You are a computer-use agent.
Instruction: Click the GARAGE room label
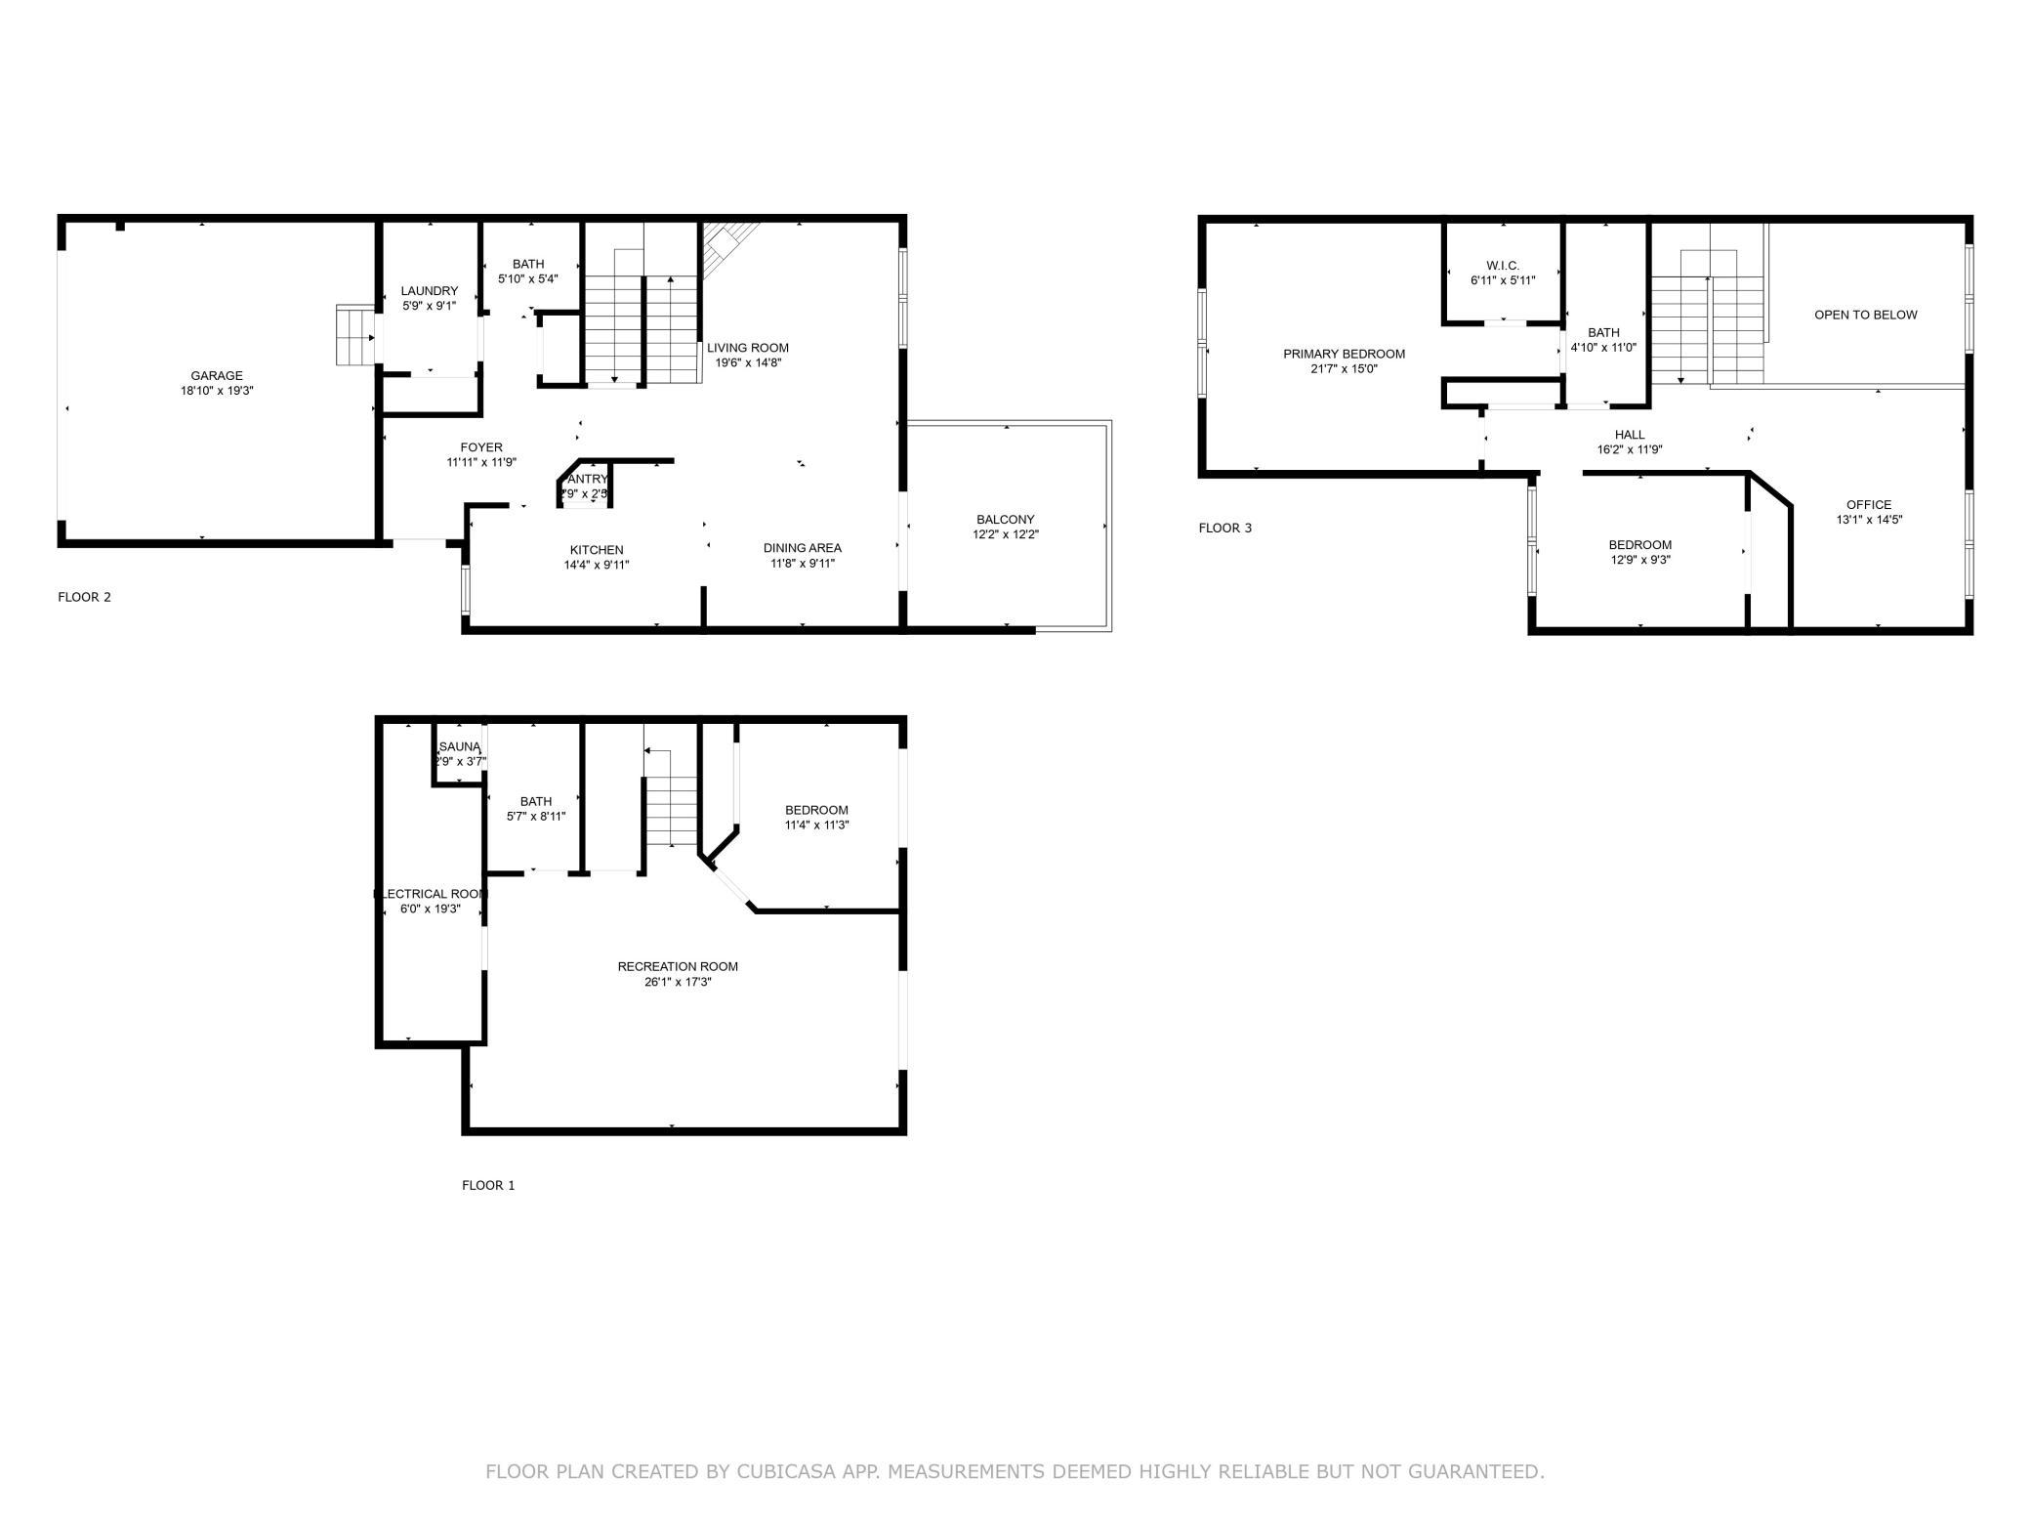(217, 376)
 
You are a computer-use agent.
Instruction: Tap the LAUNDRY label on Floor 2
(429, 291)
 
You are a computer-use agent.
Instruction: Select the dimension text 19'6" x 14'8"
(748, 363)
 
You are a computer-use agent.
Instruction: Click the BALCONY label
(1005, 520)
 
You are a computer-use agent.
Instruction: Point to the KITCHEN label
(597, 550)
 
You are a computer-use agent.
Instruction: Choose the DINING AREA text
(802, 548)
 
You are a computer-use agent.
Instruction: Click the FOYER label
(481, 447)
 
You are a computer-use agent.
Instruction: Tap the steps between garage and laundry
(355, 335)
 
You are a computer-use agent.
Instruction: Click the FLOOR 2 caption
(85, 597)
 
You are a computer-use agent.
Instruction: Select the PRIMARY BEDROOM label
(1344, 354)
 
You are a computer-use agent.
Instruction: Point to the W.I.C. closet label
(1503, 266)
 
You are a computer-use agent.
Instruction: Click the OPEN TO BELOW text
(1865, 315)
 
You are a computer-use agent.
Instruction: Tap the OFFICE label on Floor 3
(1869, 505)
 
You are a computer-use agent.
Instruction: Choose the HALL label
(1629, 435)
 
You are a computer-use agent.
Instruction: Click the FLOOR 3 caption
(1224, 529)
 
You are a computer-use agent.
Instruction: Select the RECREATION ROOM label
(678, 966)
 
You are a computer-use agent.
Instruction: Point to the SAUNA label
(460, 746)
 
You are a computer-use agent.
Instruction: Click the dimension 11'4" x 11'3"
(816, 825)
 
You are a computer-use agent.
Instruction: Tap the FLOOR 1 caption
(488, 1185)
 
